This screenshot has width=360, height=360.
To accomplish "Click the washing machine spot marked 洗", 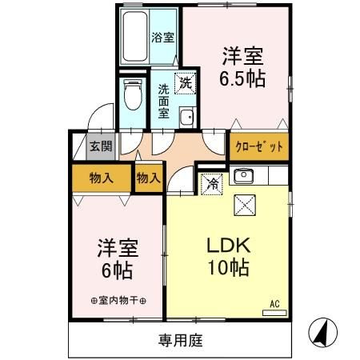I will point(185,82).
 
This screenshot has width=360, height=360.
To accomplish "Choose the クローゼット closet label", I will point(259,148).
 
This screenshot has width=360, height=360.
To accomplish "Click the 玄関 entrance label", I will point(101,146).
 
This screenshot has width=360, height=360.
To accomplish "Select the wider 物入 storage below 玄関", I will point(100,178).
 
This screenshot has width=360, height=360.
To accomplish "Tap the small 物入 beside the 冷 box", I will point(149,178).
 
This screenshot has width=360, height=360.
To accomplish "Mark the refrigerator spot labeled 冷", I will point(213,182).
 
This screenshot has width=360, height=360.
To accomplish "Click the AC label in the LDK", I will point(274,303).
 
